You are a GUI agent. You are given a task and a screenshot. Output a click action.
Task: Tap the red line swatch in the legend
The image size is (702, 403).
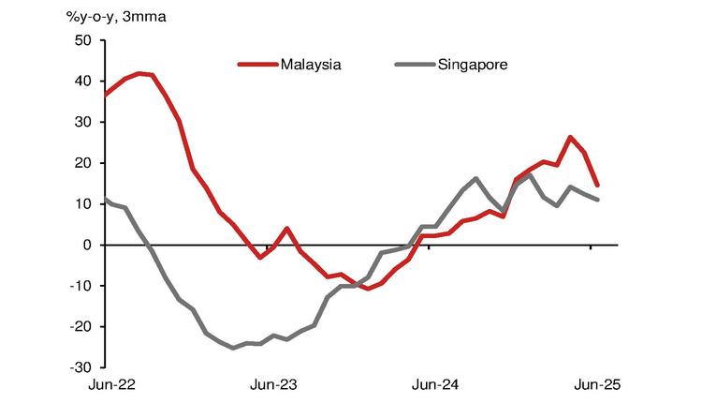(257, 65)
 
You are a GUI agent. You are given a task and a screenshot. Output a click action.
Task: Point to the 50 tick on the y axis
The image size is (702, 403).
(84, 40)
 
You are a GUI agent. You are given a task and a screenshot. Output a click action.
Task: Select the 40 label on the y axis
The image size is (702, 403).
(84, 82)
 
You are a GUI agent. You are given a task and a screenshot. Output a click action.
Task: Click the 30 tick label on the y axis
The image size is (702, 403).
(84, 122)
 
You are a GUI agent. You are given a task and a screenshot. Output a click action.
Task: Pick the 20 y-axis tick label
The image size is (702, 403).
(84, 163)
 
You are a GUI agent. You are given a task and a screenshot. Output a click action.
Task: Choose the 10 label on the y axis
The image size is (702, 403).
(84, 204)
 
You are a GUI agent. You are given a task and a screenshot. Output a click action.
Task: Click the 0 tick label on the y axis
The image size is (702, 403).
(88, 245)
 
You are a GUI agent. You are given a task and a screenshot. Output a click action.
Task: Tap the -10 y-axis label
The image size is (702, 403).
(81, 286)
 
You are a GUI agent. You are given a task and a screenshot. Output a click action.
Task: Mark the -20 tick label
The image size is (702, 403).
(81, 327)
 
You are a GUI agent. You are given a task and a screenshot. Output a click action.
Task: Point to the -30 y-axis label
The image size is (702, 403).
(81, 367)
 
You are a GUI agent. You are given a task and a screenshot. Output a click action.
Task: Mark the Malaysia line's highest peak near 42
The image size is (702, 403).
(139, 73)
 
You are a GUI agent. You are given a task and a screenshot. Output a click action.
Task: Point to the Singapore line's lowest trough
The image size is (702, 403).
(233, 348)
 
